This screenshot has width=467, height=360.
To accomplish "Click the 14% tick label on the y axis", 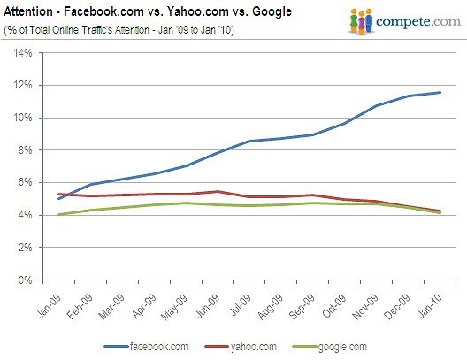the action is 23,53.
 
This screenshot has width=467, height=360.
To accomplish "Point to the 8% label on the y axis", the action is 25,150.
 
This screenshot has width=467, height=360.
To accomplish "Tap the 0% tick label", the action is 25,280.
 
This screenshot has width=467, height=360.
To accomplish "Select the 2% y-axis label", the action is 25,248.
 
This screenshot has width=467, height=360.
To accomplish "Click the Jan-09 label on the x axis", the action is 50,306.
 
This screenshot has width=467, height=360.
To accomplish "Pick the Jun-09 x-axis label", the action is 208,306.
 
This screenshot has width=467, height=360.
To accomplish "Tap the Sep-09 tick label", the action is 302,306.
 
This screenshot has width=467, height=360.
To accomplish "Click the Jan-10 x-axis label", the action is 430,306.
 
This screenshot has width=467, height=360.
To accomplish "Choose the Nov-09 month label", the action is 365,306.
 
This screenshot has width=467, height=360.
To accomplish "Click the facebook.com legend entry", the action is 146,347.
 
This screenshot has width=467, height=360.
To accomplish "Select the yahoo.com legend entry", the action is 241,347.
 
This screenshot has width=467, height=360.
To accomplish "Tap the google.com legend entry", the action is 330,347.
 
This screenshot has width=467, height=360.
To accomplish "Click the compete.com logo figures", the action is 361,21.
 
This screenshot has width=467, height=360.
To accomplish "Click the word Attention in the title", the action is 28,11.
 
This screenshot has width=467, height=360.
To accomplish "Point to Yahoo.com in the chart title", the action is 196,11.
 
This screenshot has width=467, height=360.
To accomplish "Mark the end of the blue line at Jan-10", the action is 440,92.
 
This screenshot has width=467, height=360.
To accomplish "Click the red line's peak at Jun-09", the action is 218,191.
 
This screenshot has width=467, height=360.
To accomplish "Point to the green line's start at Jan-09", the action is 59,214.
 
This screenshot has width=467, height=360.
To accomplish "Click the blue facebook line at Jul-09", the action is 249,141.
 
